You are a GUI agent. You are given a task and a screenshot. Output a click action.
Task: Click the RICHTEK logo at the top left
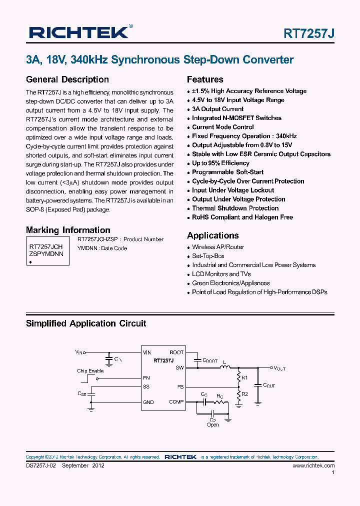(x=78, y=32)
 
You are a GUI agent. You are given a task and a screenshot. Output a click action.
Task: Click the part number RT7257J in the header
(x=309, y=33)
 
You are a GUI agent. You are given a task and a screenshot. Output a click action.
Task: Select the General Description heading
(x=67, y=79)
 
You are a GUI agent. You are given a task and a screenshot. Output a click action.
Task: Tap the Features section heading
(x=205, y=79)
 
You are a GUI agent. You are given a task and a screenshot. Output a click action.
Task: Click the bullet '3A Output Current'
(x=218, y=109)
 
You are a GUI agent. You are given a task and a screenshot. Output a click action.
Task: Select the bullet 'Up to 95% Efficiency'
(x=220, y=163)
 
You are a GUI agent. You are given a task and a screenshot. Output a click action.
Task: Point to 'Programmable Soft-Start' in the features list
(x=227, y=172)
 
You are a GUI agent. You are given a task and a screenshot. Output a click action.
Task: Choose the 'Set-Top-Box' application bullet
(x=208, y=256)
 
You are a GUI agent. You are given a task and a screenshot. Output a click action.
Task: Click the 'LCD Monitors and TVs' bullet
(x=221, y=274)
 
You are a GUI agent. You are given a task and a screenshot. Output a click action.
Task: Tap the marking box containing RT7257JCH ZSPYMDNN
(x=46, y=250)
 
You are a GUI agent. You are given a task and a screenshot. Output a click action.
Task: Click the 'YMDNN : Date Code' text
(x=102, y=248)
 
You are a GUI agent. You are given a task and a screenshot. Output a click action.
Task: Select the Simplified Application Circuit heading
(x=86, y=323)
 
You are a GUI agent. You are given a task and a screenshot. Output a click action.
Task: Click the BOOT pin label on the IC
(x=176, y=352)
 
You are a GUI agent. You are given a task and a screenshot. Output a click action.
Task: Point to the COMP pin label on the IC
(x=176, y=401)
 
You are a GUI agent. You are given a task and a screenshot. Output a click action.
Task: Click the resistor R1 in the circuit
(x=239, y=377)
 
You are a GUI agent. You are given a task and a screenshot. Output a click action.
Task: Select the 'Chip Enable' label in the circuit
(x=90, y=371)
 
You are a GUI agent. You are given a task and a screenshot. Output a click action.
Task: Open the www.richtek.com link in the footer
(x=313, y=465)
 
